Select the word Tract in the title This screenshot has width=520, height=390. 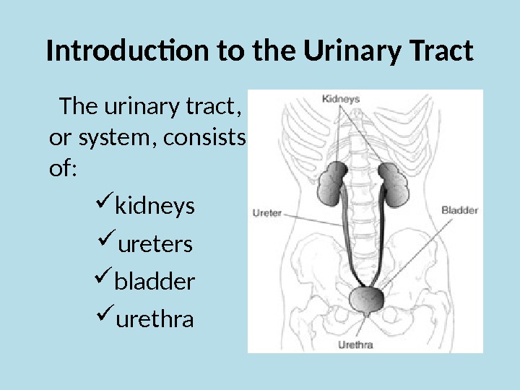440,52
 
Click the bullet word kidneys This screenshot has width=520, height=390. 155,207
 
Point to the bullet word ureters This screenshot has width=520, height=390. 155,245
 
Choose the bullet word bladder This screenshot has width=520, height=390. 155,281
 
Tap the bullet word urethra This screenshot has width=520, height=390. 155,318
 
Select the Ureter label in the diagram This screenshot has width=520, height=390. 266,213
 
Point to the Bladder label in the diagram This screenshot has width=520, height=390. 459,211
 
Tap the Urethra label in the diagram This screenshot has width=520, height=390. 355,345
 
